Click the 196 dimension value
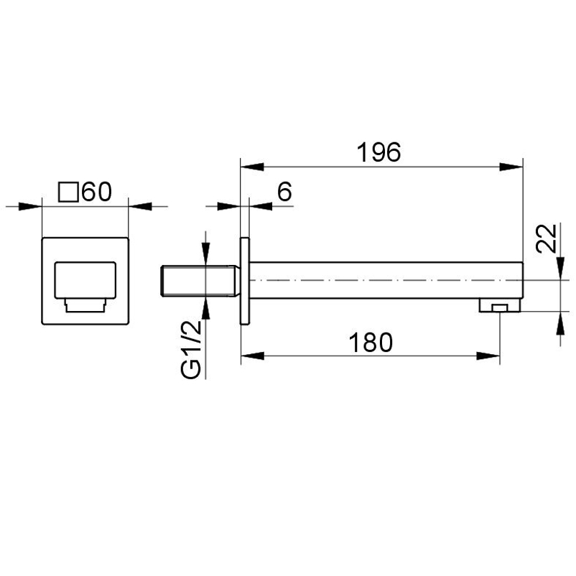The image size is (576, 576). pos(378,152)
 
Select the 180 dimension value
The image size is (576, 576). pos(371,343)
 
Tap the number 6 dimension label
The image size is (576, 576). pos(284,191)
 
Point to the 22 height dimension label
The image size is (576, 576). pos(547,238)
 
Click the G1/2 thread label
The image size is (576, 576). pos(191,349)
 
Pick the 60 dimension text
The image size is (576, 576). pos(97,192)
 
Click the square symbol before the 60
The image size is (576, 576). pos(68,192)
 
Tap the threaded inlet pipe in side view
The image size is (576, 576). pos(200,281)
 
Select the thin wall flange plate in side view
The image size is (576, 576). pos(245,282)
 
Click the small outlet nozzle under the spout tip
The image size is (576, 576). pos(500,305)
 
